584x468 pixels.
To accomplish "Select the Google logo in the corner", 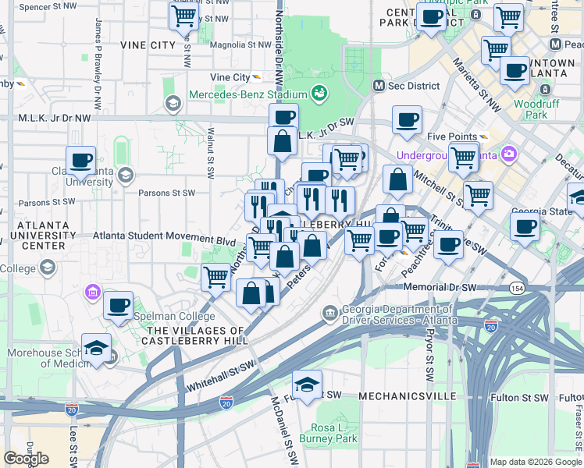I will [26, 458].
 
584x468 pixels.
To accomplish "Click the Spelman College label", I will [175, 317].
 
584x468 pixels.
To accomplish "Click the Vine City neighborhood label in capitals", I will [148, 45].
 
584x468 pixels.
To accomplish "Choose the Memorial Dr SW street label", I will [440, 288].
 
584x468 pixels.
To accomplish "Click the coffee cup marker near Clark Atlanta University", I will [81, 161].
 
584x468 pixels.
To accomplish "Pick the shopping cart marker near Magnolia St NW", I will [184, 16].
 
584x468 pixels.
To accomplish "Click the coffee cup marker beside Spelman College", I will [119, 306].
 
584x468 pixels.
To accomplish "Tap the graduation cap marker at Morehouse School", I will [96, 348].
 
